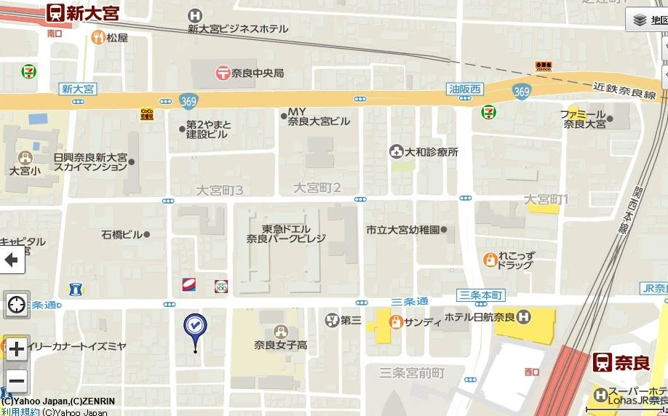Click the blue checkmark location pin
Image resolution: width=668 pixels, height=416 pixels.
coord(195,325)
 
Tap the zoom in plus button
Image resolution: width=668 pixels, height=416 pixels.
coord(16,348)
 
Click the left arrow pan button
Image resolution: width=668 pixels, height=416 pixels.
coord(12,260)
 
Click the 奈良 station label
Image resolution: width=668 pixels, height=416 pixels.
coord(630,362)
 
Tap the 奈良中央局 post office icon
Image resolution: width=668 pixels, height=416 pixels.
coord(223,73)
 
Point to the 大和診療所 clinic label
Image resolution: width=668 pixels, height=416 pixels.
coord(432,152)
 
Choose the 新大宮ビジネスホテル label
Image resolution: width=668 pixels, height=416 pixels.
coord(238,29)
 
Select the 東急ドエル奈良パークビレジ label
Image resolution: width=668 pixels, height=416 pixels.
coord(285,233)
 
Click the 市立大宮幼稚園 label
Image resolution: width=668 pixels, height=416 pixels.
coord(402,230)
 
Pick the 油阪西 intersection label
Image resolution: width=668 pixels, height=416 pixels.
coord(465,89)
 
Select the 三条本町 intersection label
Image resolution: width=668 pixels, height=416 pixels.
coord(482,295)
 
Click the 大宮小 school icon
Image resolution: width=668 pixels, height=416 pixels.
coord(25,157)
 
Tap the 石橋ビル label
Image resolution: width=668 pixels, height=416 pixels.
coord(122,234)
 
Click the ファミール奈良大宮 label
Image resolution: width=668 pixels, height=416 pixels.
coord(584,119)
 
